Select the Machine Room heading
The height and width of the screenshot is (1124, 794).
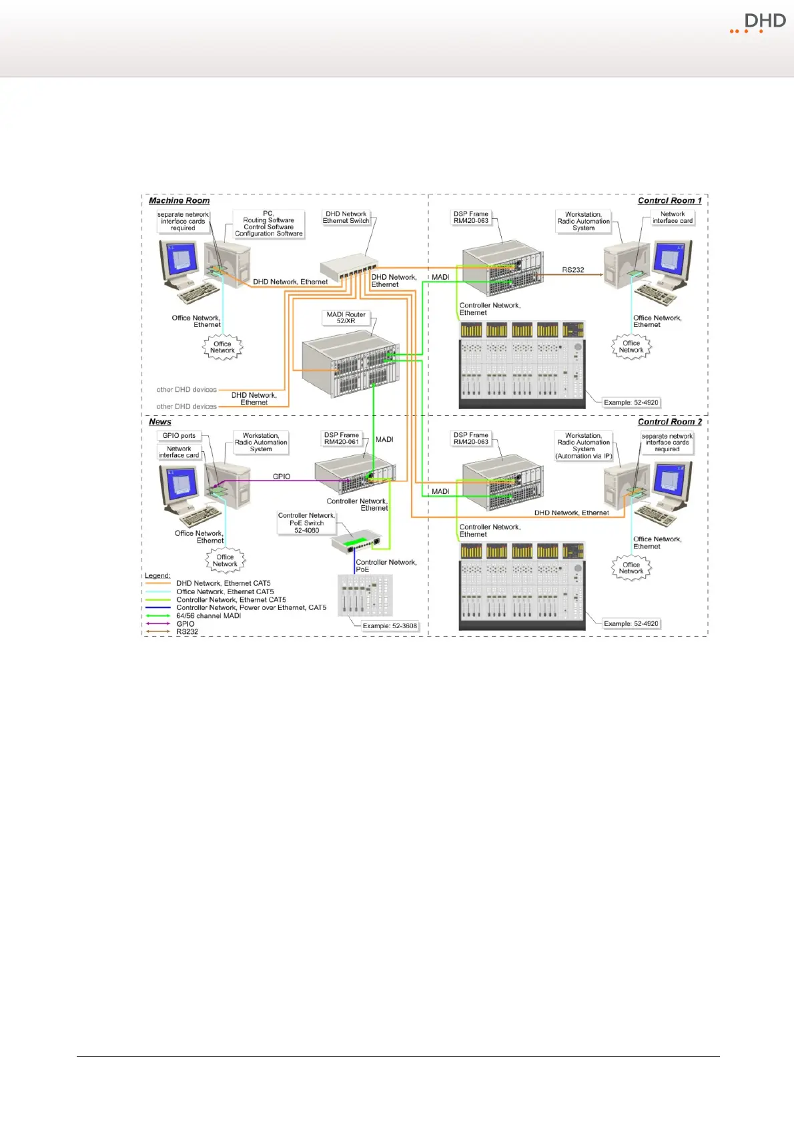coord(179,200)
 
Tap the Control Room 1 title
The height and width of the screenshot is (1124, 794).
coord(669,200)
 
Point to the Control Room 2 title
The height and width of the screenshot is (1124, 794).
coord(669,422)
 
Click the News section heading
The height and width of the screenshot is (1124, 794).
coord(160,422)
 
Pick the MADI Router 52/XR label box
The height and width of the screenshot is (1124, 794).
coord(346,318)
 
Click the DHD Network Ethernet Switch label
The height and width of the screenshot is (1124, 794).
coord(346,218)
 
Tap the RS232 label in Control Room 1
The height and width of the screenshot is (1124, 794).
coord(572,270)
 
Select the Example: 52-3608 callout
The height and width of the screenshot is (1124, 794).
coord(390,626)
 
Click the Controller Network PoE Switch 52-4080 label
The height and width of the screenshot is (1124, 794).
coord(306,523)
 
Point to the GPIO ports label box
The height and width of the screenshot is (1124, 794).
coord(179,436)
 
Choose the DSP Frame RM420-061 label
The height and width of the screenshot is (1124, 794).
coord(341,439)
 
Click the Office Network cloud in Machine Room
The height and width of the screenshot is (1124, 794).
coord(222,347)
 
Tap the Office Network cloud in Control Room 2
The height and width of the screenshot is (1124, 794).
coord(631,568)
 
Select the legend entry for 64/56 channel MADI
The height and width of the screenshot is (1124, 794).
coord(208,615)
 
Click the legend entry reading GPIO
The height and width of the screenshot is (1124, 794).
coord(185,623)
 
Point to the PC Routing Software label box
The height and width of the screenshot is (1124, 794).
coord(268,224)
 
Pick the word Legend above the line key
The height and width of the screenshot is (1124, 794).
coord(157,575)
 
